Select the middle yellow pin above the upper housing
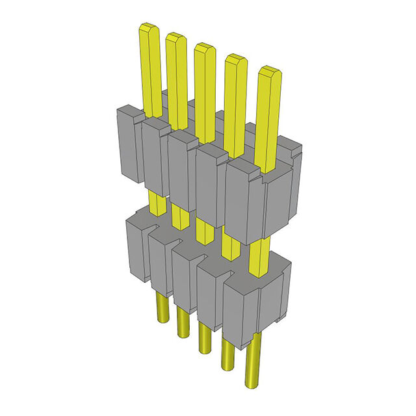pyautogui.click(x=204, y=84)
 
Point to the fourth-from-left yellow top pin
pyautogui.click(x=235, y=97)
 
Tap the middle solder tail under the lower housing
pyautogui.click(x=204, y=338)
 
